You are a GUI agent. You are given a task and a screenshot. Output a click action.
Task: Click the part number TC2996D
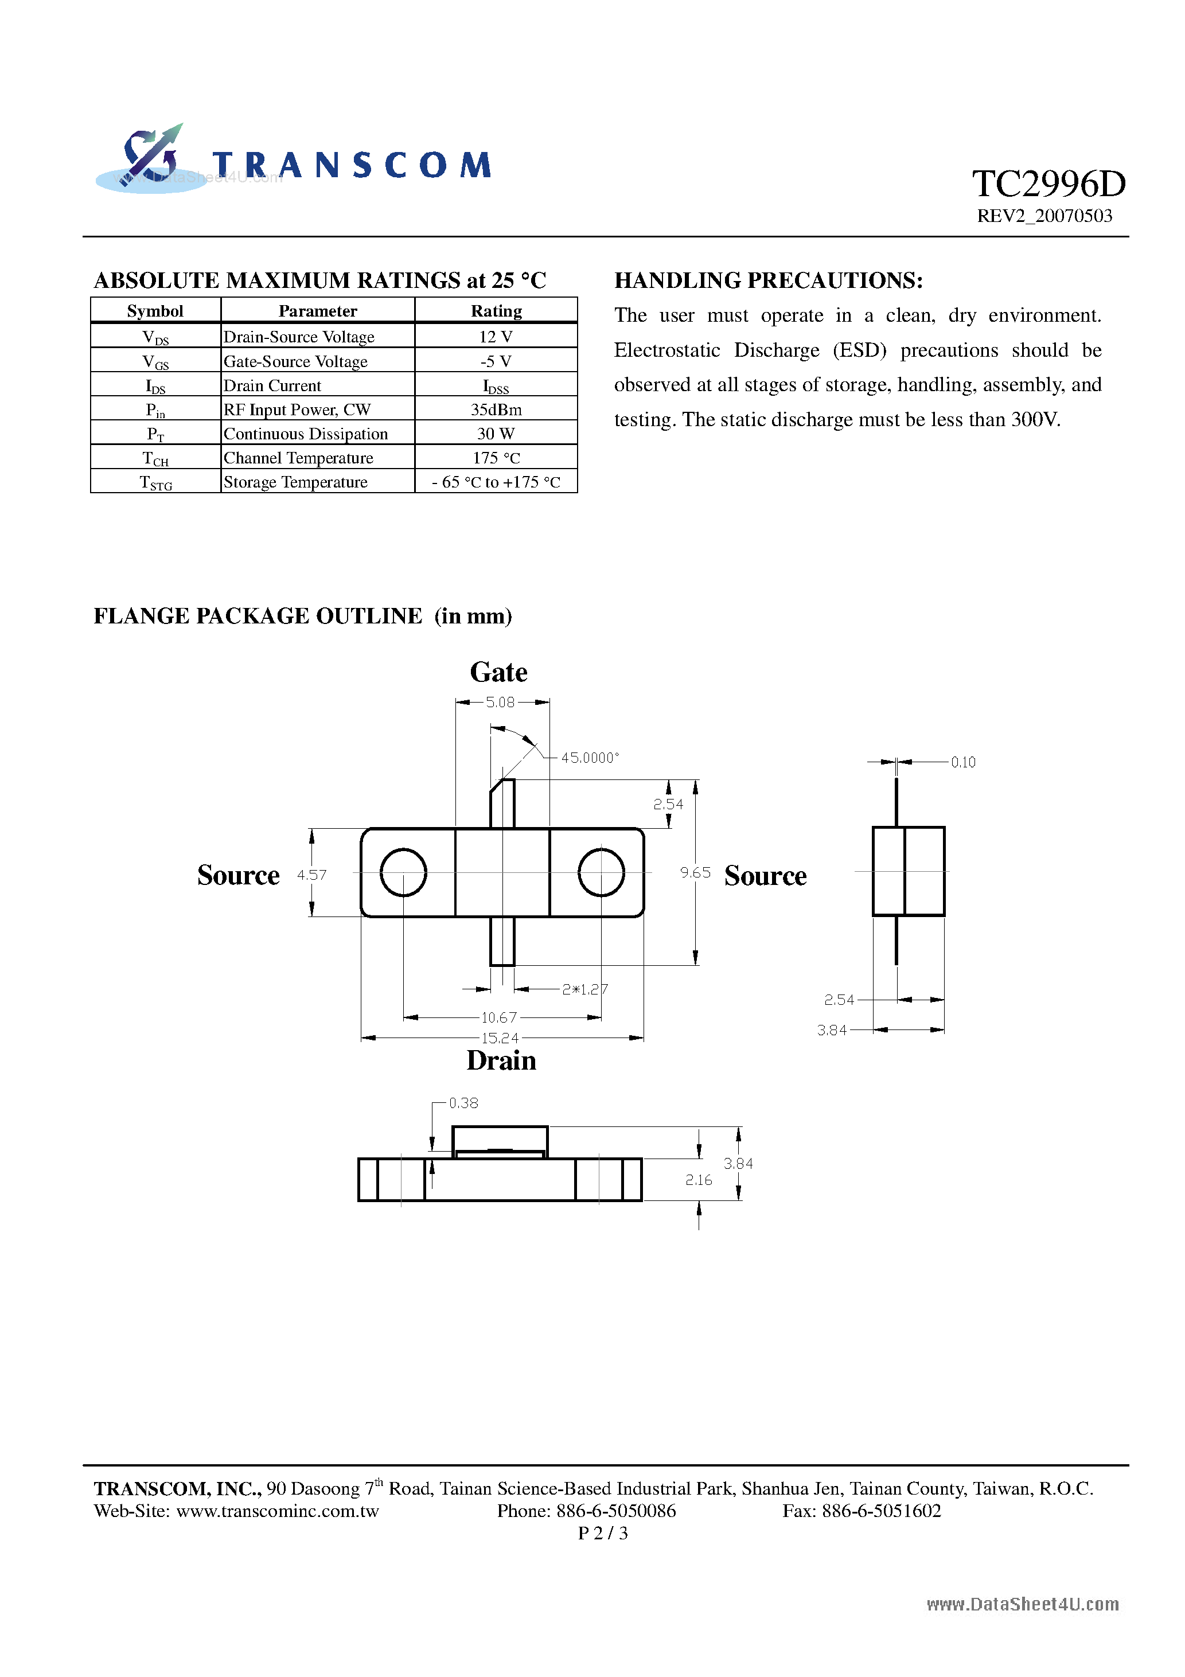pos(1048,184)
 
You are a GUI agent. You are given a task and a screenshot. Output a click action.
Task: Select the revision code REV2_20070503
pos(1044,216)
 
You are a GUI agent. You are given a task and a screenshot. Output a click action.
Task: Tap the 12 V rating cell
pos(496,337)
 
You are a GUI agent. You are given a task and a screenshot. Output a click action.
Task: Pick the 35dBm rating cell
pos(496,409)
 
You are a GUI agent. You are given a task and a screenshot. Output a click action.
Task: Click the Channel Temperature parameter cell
pos(298,458)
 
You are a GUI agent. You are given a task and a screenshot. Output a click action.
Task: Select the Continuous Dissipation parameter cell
pos(305,434)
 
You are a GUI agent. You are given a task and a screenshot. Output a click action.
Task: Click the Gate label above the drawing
pos(498,672)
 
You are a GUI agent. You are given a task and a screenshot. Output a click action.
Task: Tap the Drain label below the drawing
pos(501,1060)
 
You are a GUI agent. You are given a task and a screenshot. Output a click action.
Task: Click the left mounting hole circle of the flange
pos(403,872)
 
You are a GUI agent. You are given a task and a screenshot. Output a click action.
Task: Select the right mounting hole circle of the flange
pos(601,872)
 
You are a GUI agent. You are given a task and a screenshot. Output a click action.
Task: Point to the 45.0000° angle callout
pos(590,758)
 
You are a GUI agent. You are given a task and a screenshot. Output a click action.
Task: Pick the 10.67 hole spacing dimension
pos(499,1017)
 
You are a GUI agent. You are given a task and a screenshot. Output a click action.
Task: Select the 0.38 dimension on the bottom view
pos(463,1103)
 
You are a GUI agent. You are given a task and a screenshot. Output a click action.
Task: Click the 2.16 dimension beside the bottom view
pos(699,1180)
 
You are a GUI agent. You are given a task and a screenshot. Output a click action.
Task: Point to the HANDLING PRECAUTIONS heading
pos(769,280)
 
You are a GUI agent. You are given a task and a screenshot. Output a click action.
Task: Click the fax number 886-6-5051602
pos(881,1511)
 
